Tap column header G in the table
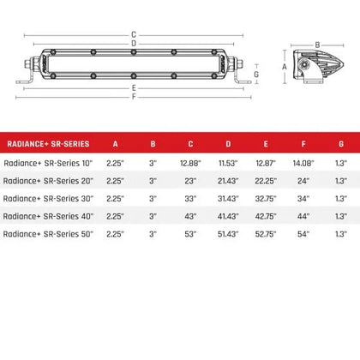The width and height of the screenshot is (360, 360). (x=340, y=143)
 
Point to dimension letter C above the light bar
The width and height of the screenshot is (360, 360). (x=134, y=34)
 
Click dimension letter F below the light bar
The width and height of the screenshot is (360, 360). (x=134, y=96)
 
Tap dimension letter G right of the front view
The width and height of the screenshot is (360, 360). (x=256, y=75)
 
